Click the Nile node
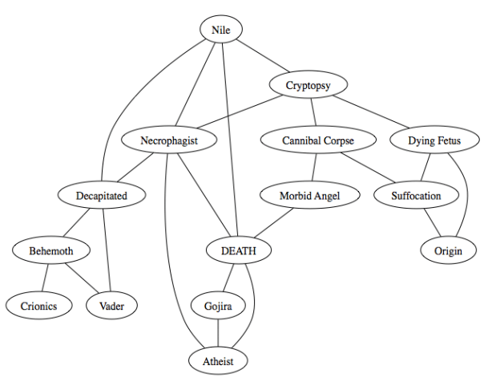pyautogui.click(x=220, y=30)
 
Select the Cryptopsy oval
pyautogui.click(x=308, y=85)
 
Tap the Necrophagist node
pyautogui.click(x=169, y=140)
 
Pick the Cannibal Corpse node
pyautogui.click(x=317, y=140)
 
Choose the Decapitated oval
pyautogui.click(x=102, y=195)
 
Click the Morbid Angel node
pyautogui.click(x=309, y=195)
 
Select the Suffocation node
pyautogui.click(x=417, y=195)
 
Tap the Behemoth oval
pyautogui.click(x=51, y=250)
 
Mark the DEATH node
pyautogui.click(x=238, y=250)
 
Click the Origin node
pyautogui.click(x=448, y=250)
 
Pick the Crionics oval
pyautogui.click(x=36, y=305)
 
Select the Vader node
pyautogui.click(x=112, y=305)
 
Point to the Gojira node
pyautogui.click(x=218, y=305)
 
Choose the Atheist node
pyautogui.click(x=218, y=360)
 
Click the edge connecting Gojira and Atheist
pyautogui.click(x=218, y=333)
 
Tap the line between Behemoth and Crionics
pyautogui.click(x=44, y=278)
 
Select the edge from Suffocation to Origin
pyautogui.click(x=433, y=223)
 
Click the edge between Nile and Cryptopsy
pyautogui.click(x=264, y=58)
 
